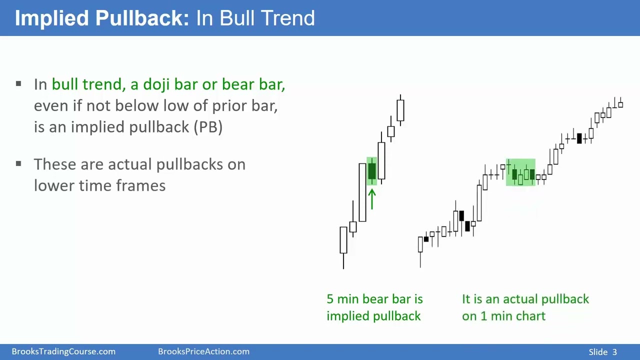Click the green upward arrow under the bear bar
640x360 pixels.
tap(372, 198)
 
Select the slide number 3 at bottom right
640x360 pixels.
tap(614, 352)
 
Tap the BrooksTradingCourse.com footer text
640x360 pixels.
tap(63, 351)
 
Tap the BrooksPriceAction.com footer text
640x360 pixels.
tap(203, 351)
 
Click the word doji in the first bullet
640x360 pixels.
tap(156, 84)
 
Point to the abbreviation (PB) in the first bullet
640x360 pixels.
tap(207, 126)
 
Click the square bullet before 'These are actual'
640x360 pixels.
tap(18, 163)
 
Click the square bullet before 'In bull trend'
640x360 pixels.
tap(18, 83)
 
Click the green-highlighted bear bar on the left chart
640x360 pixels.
tap(372, 171)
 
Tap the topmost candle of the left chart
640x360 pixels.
tap(400, 110)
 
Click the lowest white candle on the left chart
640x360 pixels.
tap(343, 240)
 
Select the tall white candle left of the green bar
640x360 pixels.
tap(362, 192)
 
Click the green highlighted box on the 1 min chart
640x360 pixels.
tap(520, 172)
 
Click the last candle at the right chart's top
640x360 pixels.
tap(620, 104)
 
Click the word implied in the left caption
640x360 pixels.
tap(345, 316)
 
